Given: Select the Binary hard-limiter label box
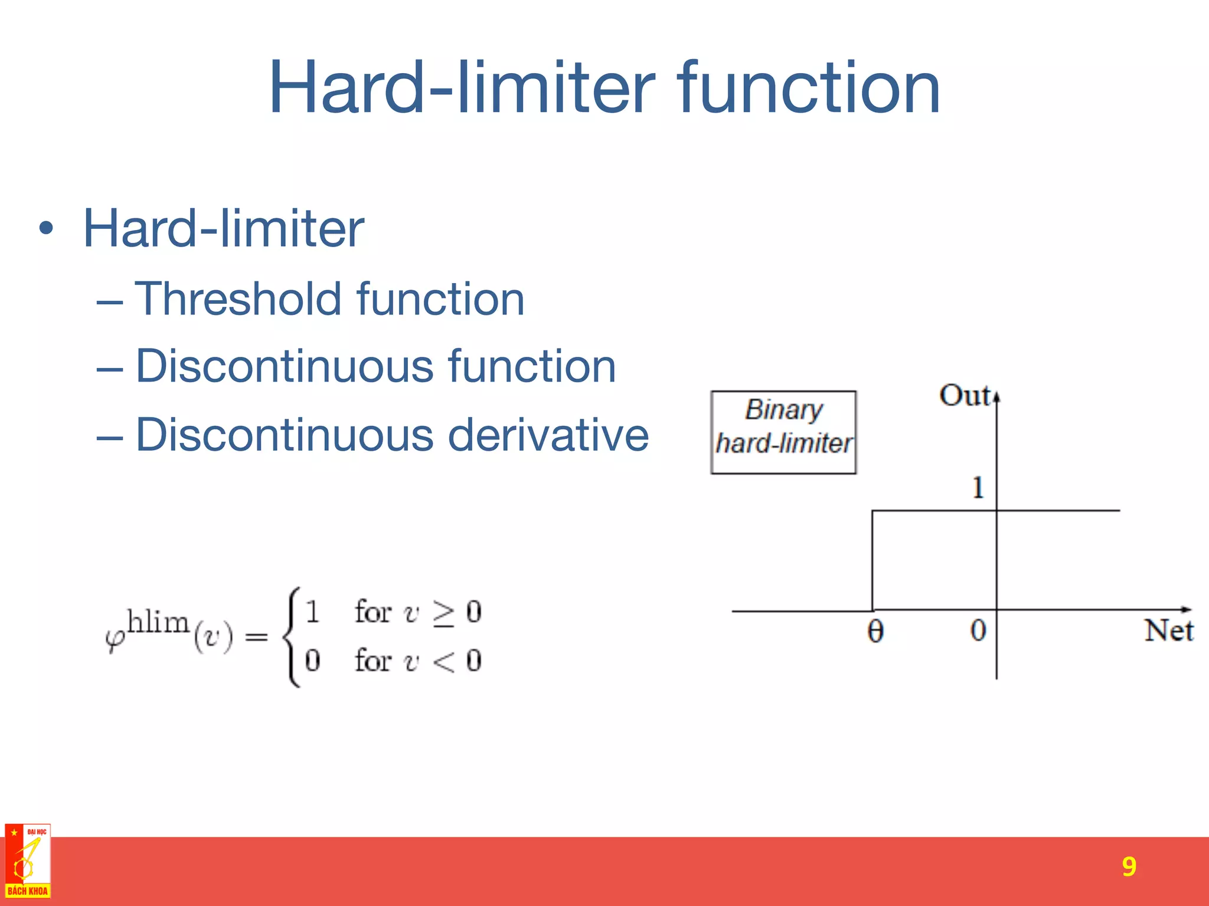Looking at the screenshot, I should click(x=783, y=432).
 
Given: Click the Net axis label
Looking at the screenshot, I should click(x=1168, y=630).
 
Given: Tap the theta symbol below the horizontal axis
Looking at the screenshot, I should click(x=875, y=632).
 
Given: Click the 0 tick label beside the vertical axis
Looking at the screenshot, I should click(x=978, y=630).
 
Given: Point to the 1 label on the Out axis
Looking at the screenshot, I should click(x=978, y=488).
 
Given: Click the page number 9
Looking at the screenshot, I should click(x=1129, y=866).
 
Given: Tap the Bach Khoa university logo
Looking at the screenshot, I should click(x=28, y=861).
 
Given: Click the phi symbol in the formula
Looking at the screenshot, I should click(x=115, y=639).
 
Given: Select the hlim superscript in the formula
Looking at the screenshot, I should click(x=158, y=622).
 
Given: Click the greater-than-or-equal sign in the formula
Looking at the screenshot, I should click(x=443, y=613).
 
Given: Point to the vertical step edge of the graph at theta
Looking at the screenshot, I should click(x=873, y=560).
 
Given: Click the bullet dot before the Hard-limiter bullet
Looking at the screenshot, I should click(x=46, y=228).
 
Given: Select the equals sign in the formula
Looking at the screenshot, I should click(x=256, y=637).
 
